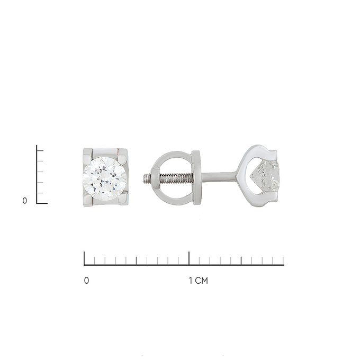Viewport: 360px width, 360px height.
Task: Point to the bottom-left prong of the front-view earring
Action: (x=88, y=199)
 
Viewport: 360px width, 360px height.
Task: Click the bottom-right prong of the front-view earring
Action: (x=122, y=199)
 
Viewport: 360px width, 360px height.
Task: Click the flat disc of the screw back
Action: (x=197, y=177)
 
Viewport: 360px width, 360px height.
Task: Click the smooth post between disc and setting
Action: (x=219, y=177)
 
